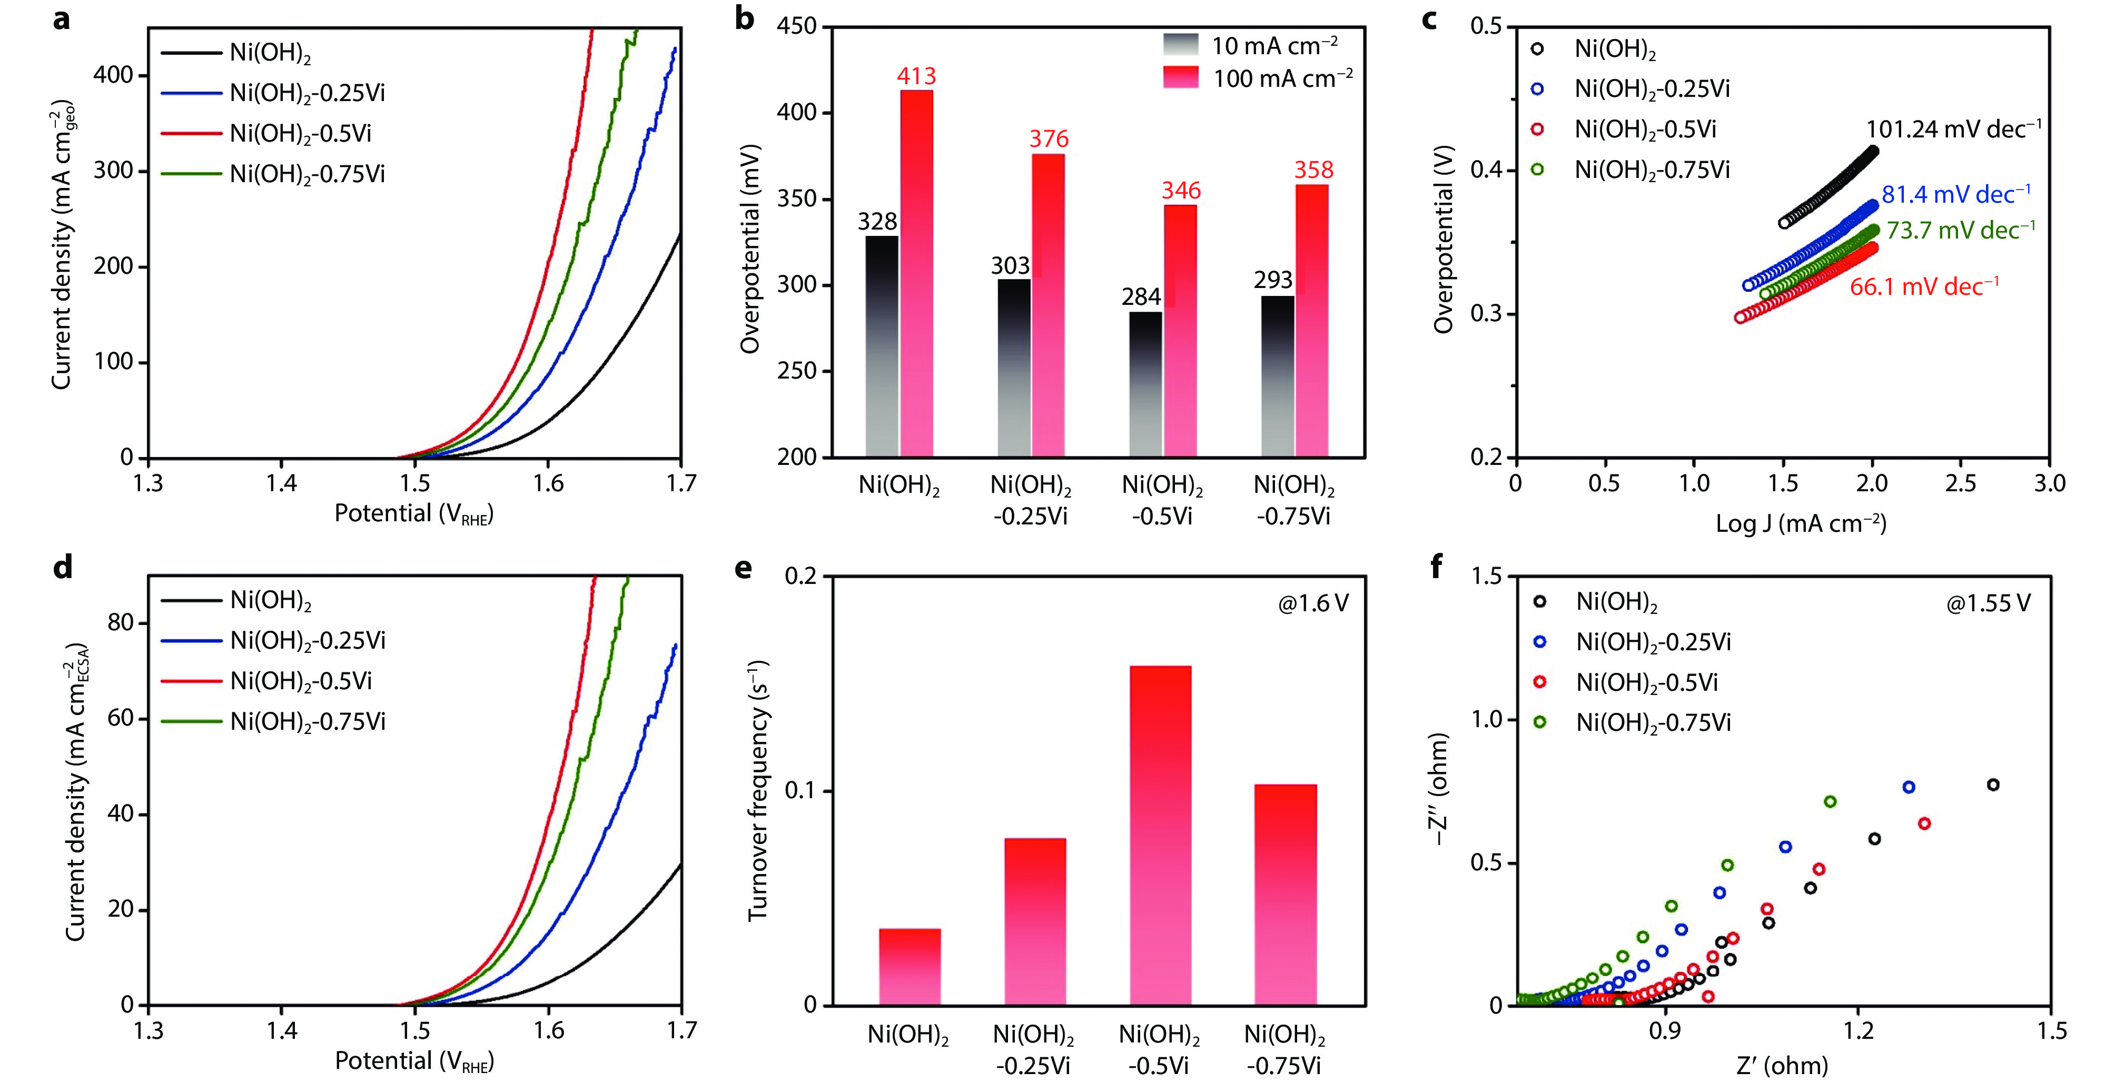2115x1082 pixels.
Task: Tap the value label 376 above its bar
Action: [x=1049, y=139]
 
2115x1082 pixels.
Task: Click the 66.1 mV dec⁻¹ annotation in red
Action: [x=1924, y=286]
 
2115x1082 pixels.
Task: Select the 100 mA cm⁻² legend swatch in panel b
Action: [x=1181, y=78]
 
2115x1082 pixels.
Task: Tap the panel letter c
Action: [x=1429, y=18]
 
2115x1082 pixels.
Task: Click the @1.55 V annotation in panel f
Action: [x=1988, y=603]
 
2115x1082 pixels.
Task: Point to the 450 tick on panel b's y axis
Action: [x=796, y=27]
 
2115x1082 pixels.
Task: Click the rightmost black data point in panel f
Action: [x=1993, y=785]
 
